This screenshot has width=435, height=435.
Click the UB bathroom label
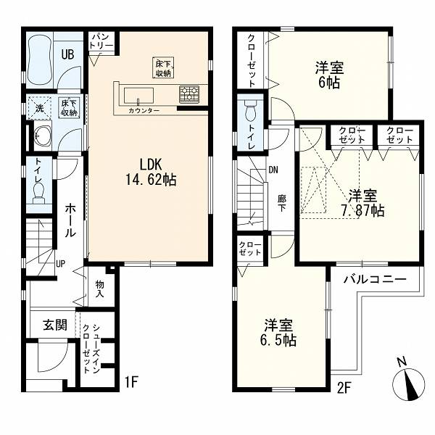(67, 54)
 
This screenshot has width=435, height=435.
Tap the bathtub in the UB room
(40, 59)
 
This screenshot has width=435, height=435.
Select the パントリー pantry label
(101, 41)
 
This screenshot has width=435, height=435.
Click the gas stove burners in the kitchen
(189, 93)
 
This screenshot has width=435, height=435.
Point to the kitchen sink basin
(138, 96)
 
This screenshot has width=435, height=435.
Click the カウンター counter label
(144, 111)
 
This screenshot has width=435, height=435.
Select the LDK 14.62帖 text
(151, 172)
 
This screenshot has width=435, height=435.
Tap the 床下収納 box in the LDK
(163, 67)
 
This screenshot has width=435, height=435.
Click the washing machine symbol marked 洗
(40, 107)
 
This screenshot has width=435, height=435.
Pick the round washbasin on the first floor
(42, 136)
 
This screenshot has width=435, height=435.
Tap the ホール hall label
(70, 220)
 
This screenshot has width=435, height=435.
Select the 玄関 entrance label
(55, 324)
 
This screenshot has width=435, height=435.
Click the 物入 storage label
(100, 289)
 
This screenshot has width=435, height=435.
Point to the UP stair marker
(60, 263)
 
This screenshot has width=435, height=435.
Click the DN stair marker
(273, 170)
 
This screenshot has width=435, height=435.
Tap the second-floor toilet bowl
(251, 111)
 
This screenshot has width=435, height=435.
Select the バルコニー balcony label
(375, 279)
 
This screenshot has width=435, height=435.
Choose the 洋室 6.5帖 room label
(278, 333)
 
